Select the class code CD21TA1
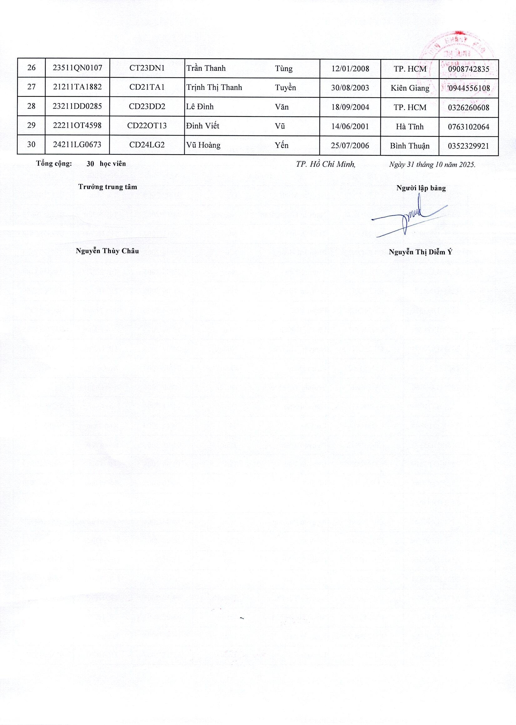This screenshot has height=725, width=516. tap(147, 87)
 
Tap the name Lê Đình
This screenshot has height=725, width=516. tap(200, 106)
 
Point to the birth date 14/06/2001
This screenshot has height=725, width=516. tap(350, 126)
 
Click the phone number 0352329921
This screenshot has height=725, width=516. tap(468, 146)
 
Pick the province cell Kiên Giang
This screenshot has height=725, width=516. tap(410, 88)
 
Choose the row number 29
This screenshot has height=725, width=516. tap(31, 126)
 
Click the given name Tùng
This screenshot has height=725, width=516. tap(283, 68)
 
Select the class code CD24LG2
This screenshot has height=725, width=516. tap(147, 145)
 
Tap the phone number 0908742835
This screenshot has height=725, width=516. tap(468, 69)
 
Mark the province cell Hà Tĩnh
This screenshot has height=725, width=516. tap(409, 127)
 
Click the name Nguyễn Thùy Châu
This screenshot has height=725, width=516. tap(107, 251)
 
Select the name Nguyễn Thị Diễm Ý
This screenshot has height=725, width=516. tap(420, 252)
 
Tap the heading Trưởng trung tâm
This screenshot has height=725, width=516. tap(108, 187)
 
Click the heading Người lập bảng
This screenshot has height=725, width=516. tap(421, 188)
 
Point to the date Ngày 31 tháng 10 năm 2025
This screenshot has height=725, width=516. tap(432, 165)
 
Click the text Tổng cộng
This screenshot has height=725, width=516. tap(54, 164)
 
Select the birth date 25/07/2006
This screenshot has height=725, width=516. tap(350, 145)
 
